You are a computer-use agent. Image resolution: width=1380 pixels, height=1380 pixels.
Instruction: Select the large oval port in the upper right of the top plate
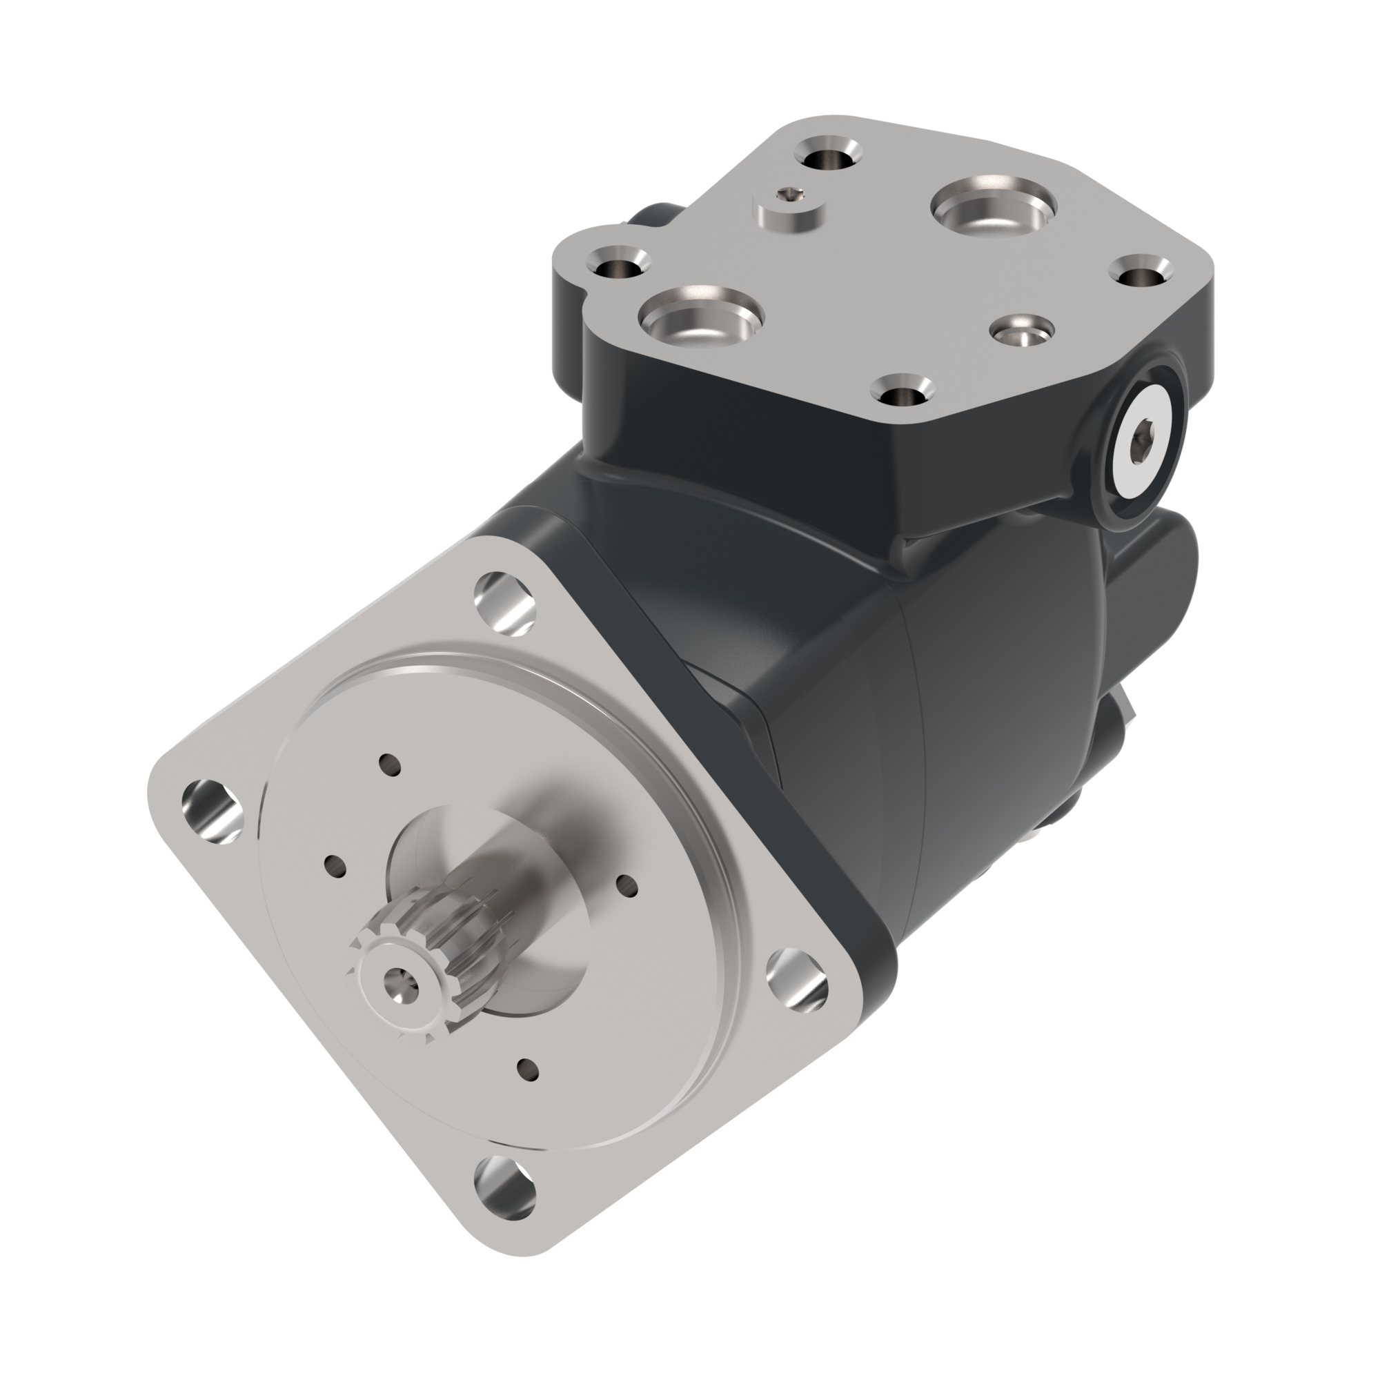pyautogui.click(x=993, y=206)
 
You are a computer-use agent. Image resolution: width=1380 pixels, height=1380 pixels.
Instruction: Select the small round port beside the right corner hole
pyautogui.click(x=1022, y=331)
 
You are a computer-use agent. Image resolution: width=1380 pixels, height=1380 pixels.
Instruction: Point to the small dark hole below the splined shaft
pyautogui.click(x=528, y=1069)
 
